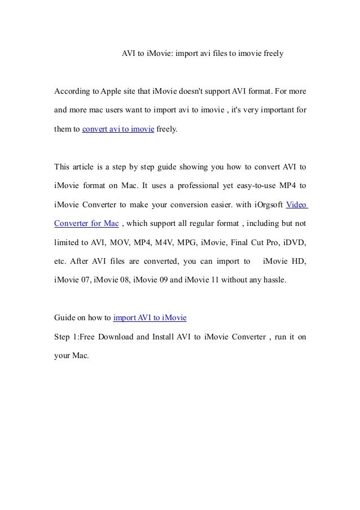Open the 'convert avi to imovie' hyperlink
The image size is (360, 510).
[x=118, y=129]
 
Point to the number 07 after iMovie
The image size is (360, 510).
[x=85, y=280]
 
